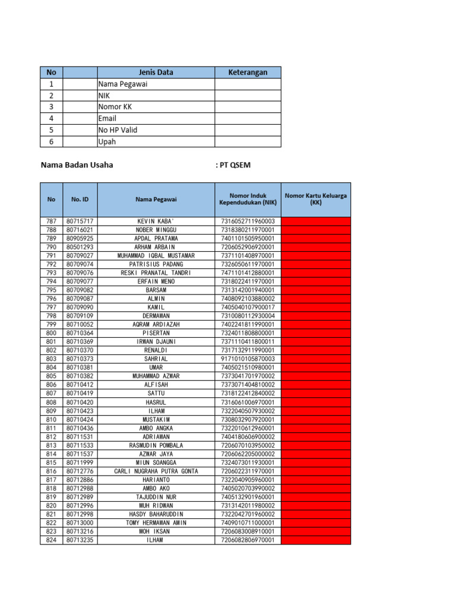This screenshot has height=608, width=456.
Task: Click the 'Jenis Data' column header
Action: tap(156, 72)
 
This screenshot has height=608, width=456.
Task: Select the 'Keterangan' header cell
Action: tap(248, 72)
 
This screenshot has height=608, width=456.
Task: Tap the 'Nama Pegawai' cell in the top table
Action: tap(123, 84)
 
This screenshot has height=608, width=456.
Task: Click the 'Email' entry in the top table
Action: tap(107, 119)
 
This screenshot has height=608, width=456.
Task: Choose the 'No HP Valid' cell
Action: tap(116, 130)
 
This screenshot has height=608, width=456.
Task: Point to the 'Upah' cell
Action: tap(107, 142)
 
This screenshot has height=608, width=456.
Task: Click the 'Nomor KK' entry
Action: tap(115, 107)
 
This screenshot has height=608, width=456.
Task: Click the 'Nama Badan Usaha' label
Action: tap(77, 165)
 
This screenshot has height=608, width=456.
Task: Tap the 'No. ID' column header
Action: tap(80, 199)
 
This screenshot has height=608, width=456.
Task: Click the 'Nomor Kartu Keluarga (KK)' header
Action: tap(315, 199)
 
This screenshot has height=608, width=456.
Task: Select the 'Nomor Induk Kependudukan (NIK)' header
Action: tap(248, 199)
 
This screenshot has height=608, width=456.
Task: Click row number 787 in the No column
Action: tap(51, 221)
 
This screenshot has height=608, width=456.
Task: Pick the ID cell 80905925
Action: tap(80, 239)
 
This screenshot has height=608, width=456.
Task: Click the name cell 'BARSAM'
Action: tap(156, 290)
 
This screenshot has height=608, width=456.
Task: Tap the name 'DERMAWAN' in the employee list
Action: tap(156, 316)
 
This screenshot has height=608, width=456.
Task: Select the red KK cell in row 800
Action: tap(315, 334)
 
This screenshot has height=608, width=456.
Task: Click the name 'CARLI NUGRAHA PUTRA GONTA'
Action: tap(156, 471)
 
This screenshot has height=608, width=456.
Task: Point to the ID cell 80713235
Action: tap(80, 540)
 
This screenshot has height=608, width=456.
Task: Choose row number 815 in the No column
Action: tap(51, 463)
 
